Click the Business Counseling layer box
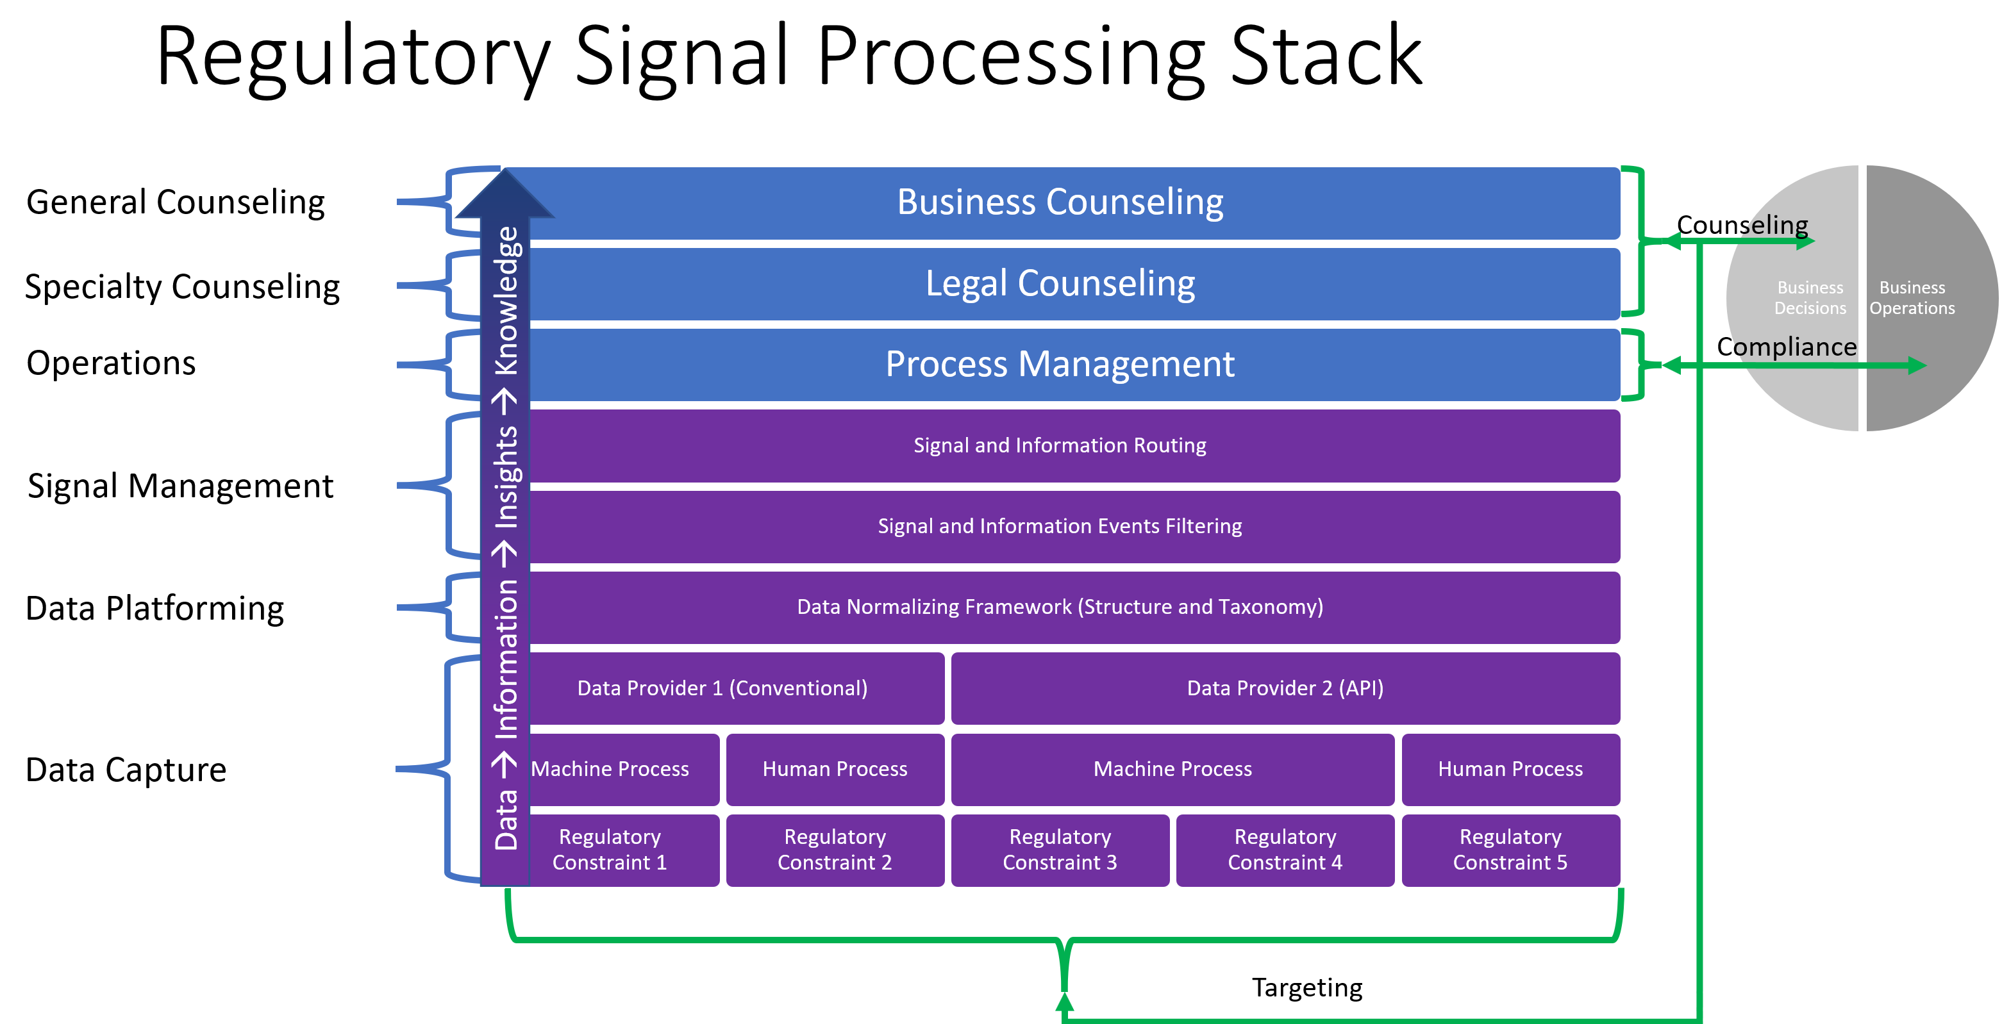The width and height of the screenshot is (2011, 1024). click(1062, 203)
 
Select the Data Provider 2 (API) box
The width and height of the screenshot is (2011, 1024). click(1286, 688)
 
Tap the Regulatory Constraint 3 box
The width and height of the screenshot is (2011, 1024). click(1060, 850)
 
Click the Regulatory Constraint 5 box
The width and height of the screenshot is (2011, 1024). click(1510, 850)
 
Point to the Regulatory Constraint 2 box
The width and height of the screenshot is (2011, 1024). click(835, 850)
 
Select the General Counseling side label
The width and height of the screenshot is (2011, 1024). click(176, 202)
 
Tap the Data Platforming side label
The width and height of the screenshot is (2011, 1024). click(154, 609)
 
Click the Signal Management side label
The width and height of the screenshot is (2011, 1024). click(180, 486)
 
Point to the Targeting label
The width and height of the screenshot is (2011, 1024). click(1308, 988)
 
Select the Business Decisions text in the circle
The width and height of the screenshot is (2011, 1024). click(1810, 298)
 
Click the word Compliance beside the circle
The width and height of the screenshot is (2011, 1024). click(1786, 347)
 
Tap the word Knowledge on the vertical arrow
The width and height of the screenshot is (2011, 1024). click(506, 301)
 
